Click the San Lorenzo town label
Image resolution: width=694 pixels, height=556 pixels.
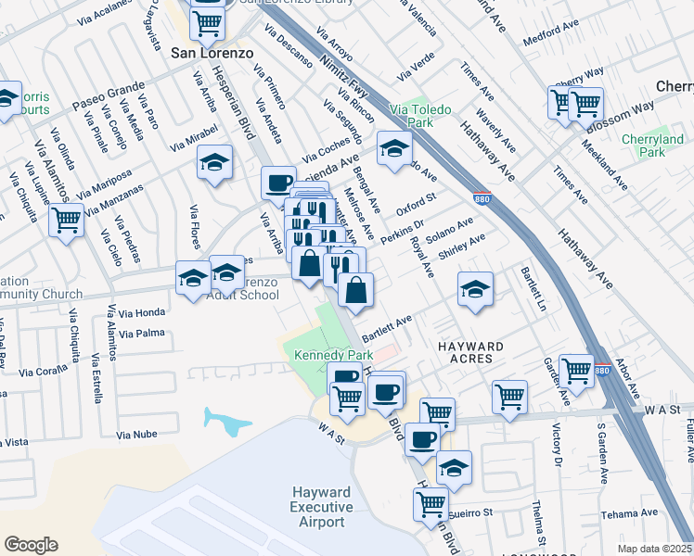[212, 54]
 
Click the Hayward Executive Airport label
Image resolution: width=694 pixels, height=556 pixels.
[321, 507]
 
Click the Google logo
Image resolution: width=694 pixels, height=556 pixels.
[30, 545]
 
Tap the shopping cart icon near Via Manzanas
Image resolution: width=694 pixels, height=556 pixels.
[66, 221]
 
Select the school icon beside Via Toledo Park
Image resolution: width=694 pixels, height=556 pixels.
[394, 147]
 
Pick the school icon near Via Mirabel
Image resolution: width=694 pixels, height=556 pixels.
[214, 162]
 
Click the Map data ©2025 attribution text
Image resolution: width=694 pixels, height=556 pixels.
[653, 548]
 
